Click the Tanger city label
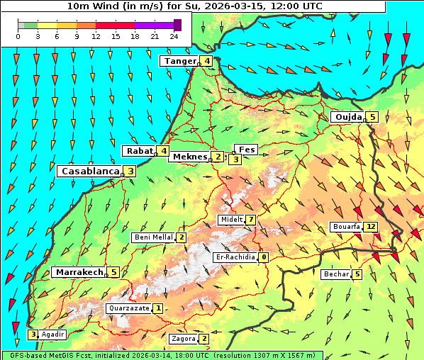point(179,61)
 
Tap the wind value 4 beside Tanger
point(206,61)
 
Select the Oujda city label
point(348,117)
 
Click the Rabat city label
point(139,150)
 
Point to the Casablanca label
point(89,171)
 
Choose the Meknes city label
point(189,157)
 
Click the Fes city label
point(247,150)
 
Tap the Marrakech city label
point(78,272)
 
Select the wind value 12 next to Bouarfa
point(371,227)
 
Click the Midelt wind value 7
point(251,220)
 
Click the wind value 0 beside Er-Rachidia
point(263,257)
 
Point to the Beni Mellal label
point(153,237)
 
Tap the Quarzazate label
point(128,308)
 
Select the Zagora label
point(183,339)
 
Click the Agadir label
point(53,334)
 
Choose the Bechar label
point(336,274)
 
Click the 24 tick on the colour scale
point(174,35)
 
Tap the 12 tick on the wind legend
point(96,35)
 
